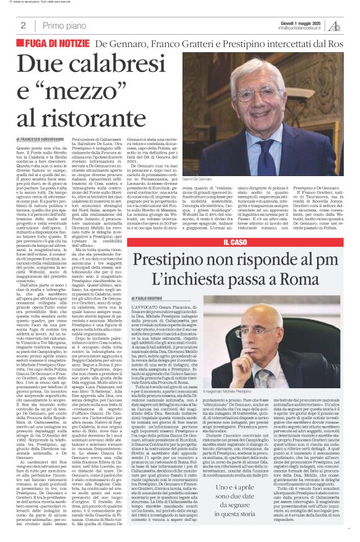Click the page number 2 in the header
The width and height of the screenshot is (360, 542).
click(x=23, y=25)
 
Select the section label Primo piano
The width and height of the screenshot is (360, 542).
click(x=63, y=25)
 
